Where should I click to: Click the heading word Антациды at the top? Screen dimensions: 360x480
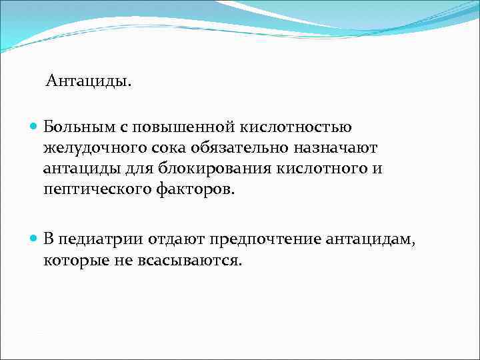coord(89,82)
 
